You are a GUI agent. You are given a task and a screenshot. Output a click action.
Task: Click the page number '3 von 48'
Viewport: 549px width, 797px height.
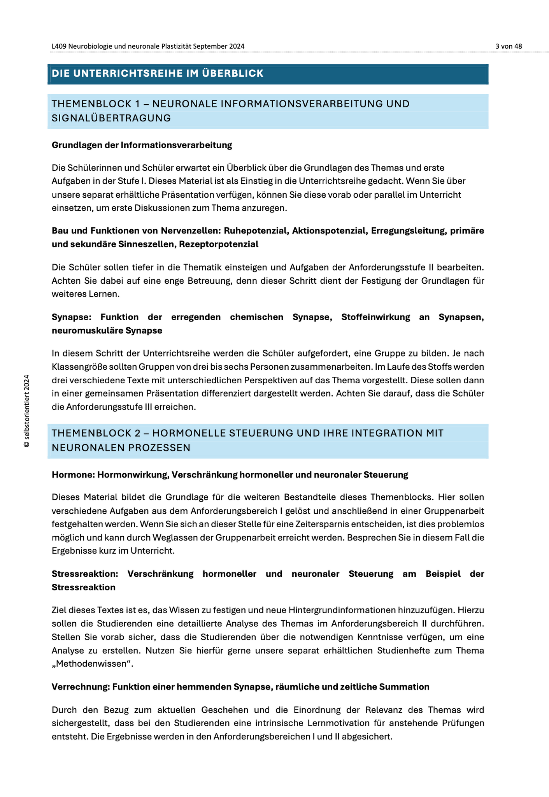(509, 46)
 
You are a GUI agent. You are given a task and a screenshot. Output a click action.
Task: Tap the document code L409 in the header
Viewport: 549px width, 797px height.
(59, 46)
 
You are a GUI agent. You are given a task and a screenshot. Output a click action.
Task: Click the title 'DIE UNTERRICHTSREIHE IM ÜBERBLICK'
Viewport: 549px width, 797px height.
(158, 74)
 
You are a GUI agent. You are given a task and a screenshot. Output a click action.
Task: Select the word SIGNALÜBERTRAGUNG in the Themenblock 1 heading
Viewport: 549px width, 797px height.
(111, 118)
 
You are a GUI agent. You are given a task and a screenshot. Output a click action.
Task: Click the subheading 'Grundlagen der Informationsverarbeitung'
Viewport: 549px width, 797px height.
(142, 145)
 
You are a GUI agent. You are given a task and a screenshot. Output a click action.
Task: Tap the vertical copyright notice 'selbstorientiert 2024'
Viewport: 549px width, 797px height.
(26, 411)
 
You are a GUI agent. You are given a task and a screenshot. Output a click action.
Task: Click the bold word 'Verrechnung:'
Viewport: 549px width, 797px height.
(81, 687)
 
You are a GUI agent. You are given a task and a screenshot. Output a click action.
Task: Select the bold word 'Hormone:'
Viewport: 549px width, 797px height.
(73, 475)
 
